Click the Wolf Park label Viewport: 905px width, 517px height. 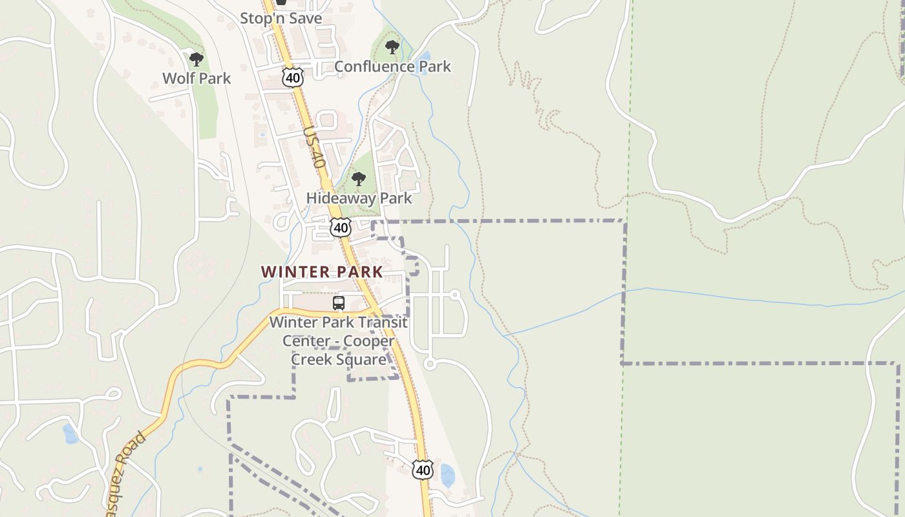tap(197, 78)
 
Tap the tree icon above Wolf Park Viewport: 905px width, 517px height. tap(197, 59)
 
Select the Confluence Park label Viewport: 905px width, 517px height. tap(392, 67)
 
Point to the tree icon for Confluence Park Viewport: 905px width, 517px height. tap(392, 47)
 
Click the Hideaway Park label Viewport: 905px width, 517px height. tap(359, 198)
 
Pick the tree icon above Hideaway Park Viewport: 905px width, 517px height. tap(358, 179)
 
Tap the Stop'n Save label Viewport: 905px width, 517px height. tap(281, 18)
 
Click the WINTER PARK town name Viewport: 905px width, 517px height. tap(322, 272)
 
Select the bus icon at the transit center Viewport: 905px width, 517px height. tap(338, 302)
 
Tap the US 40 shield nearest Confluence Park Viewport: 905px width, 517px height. tap(293, 78)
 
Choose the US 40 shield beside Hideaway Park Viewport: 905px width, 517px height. tap(340, 227)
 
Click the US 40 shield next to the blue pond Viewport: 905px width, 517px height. tap(422, 469)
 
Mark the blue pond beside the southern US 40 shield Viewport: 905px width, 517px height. tap(447, 475)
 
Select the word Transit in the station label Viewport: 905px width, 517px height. tap(385, 322)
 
